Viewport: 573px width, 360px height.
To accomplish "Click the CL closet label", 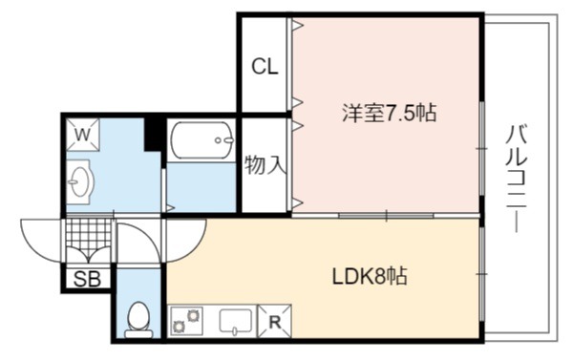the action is (265, 67).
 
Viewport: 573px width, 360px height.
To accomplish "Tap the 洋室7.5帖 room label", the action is (390, 113).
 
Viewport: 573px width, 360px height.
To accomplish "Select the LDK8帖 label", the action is (370, 276).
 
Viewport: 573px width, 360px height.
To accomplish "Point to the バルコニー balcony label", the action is (517, 179).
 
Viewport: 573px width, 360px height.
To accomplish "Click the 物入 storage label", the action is (265, 165).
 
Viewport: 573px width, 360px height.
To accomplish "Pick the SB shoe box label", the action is (87, 280).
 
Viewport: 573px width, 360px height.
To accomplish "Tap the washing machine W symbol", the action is (83, 135).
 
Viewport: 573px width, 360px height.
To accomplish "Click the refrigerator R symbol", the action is (275, 322).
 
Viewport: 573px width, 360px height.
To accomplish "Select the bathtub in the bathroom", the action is (202, 140).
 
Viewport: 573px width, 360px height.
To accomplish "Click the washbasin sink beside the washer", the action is (79, 182).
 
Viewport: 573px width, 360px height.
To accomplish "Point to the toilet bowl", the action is (138, 320).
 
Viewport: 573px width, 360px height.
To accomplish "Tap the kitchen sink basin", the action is (236, 321).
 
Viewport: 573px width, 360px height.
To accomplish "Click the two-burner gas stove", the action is (186, 321).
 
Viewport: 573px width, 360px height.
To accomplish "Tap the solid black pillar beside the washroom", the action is (153, 133).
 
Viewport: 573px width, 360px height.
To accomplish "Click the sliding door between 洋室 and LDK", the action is (386, 216).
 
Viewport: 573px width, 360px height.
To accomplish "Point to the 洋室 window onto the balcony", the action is (482, 148).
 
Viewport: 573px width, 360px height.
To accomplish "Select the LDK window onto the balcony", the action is (482, 274).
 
